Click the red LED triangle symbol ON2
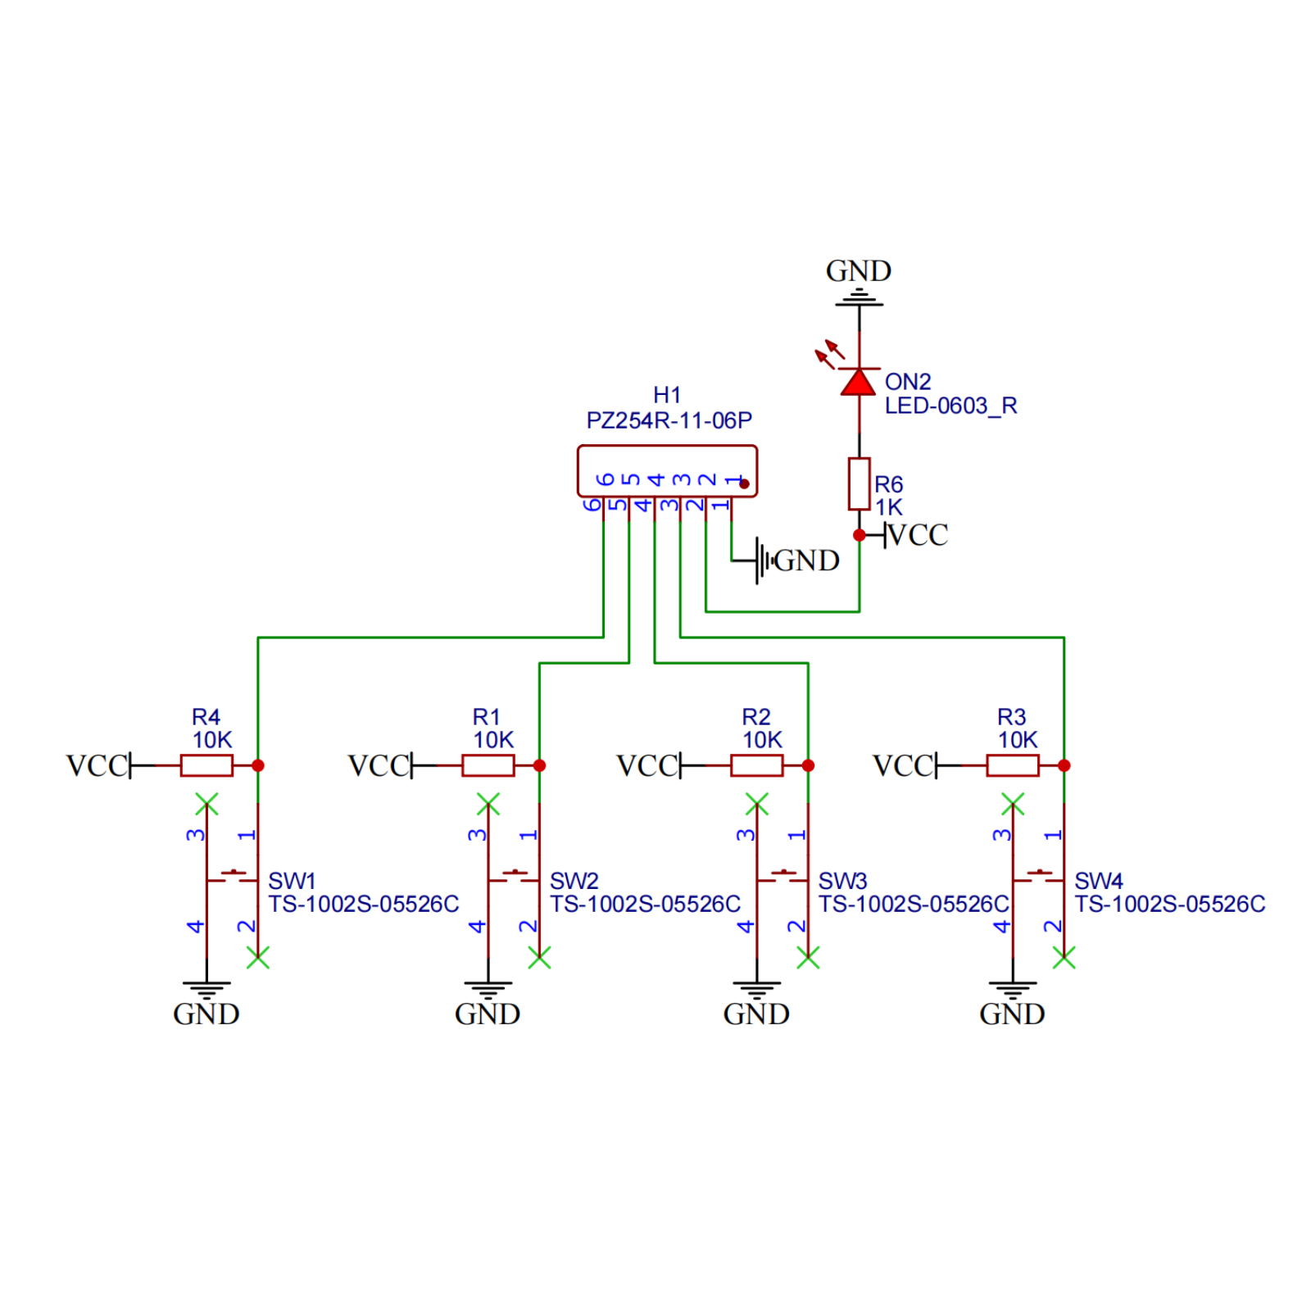(858, 383)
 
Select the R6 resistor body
(858, 483)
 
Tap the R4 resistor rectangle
(206, 765)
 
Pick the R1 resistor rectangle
(488, 765)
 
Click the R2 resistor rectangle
(756, 765)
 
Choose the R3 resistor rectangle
(1012, 765)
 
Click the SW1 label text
(292, 881)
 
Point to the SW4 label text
(1098, 881)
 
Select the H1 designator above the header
(667, 395)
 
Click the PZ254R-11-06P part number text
(669, 420)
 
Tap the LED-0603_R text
(950, 406)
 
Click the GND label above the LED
(858, 270)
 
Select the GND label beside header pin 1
(806, 560)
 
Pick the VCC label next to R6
(918, 535)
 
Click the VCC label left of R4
(97, 765)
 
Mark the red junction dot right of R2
(808, 765)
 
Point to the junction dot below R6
(859, 535)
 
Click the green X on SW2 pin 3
(488, 804)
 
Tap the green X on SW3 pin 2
(808, 957)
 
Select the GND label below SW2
(488, 1014)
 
